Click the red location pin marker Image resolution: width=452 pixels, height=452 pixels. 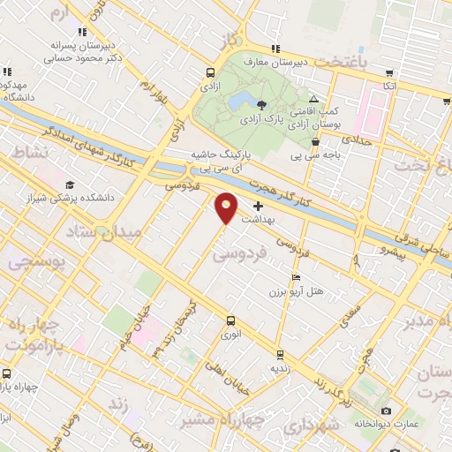227,207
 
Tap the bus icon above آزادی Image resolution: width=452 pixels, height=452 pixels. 210,74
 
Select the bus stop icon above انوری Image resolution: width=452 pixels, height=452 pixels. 230,321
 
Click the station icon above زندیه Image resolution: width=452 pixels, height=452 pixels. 280,355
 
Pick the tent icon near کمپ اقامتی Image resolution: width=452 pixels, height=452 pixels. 314,99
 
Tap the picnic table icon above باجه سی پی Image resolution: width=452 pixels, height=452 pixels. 315,140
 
